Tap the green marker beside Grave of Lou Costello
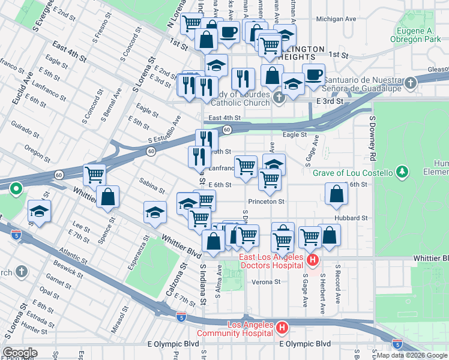(401, 173)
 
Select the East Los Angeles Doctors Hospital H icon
(312, 260)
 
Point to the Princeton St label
(266, 202)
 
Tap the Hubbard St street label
(352, 218)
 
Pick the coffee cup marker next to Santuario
(313, 74)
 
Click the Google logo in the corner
(20, 353)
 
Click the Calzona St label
(172, 283)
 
